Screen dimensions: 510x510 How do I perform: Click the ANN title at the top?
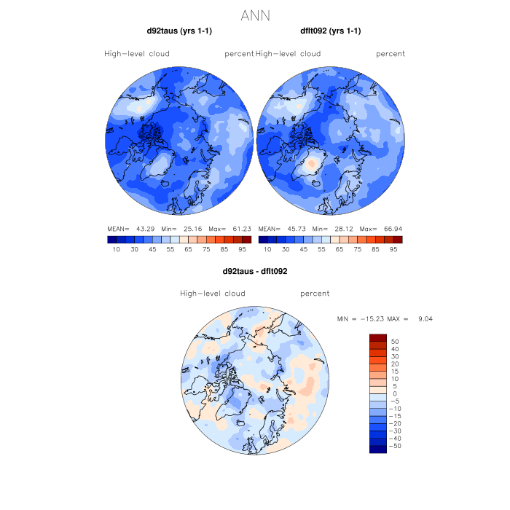click(x=255, y=15)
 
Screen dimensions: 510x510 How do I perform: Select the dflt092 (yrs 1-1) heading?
click(x=331, y=31)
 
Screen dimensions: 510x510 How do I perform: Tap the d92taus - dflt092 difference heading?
click(x=255, y=271)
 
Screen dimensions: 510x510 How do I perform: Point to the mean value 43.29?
click(x=149, y=228)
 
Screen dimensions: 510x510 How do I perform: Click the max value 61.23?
click(x=240, y=228)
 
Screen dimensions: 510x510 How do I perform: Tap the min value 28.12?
click(x=345, y=228)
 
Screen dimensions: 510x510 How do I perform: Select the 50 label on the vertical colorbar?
click(x=396, y=341)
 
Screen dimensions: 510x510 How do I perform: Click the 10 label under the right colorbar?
click(x=267, y=249)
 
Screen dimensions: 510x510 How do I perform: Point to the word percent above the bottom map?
click(x=315, y=294)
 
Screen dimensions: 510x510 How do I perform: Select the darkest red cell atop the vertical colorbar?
click(x=377, y=337)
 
